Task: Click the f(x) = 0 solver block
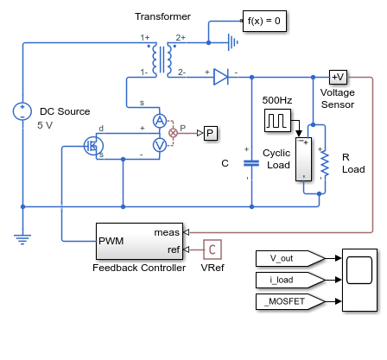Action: pyautogui.click(x=264, y=21)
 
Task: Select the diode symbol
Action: pyautogui.click(x=221, y=77)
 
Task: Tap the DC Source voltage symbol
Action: pyautogui.click(x=22, y=111)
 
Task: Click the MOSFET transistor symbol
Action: pyautogui.click(x=93, y=146)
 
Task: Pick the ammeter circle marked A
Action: pyautogui.click(x=160, y=121)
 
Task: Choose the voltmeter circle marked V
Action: pyautogui.click(x=160, y=145)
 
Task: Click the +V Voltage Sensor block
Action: pyautogui.click(x=338, y=77)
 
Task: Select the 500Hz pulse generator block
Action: pyautogui.click(x=277, y=120)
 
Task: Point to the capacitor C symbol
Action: pyautogui.click(x=251, y=163)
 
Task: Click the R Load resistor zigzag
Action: pyautogui.click(x=325, y=163)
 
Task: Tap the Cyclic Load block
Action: pyautogui.click(x=303, y=159)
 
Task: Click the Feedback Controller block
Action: pyautogui.click(x=139, y=241)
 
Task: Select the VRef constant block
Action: pyautogui.click(x=213, y=249)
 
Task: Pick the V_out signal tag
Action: pyautogui.click(x=290, y=258)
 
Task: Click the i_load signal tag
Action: pyautogui.click(x=290, y=280)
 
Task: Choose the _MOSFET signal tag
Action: pyautogui.click(x=290, y=301)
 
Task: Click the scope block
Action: pyautogui.click(x=359, y=280)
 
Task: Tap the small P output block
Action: pyautogui.click(x=211, y=133)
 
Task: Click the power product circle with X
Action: pyautogui.click(x=173, y=133)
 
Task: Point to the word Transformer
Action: pyautogui.click(x=162, y=16)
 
